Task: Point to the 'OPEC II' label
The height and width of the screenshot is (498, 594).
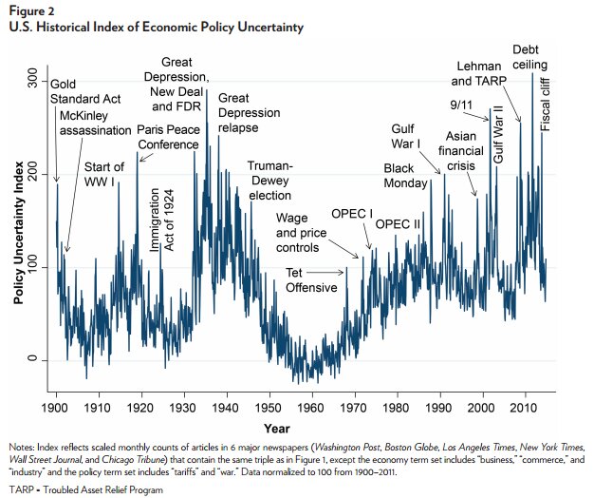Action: [399, 224]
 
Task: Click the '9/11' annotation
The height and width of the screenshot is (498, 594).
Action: [463, 104]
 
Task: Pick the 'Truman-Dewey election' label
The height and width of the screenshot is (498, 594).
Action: [270, 181]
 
